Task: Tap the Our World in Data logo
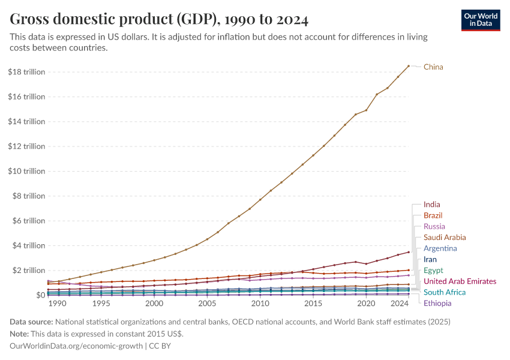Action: point(480,20)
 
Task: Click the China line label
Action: point(433,67)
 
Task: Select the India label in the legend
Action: point(431,205)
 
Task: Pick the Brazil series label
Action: point(433,215)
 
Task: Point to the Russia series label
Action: point(434,227)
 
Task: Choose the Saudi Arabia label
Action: point(445,238)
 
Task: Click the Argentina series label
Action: point(440,248)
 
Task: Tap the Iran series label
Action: point(430,260)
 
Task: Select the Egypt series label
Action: point(433,271)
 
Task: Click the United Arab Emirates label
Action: point(460,281)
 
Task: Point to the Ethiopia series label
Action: point(437,303)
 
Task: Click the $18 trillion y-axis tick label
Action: point(27,72)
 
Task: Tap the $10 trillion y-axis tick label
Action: point(27,171)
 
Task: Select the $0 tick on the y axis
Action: point(40,295)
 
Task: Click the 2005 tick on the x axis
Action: point(207,304)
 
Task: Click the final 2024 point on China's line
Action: point(409,66)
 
